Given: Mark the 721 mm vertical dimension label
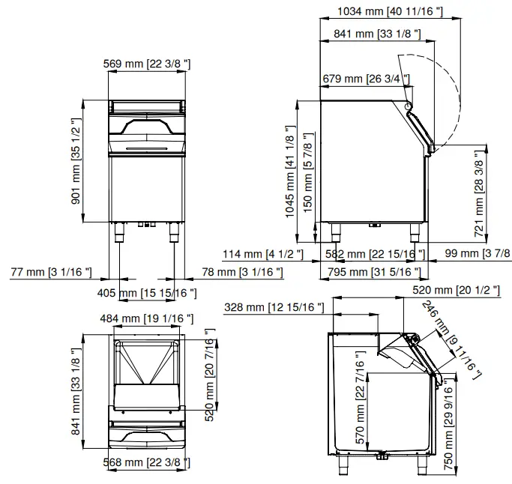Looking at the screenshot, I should [x=480, y=193].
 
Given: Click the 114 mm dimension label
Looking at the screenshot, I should [x=264, y=254].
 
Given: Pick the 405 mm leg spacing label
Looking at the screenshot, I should [x=148, y=293].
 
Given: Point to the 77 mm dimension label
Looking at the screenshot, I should [x=52, y=271].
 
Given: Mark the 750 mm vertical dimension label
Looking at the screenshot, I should [x=448, y=427].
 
